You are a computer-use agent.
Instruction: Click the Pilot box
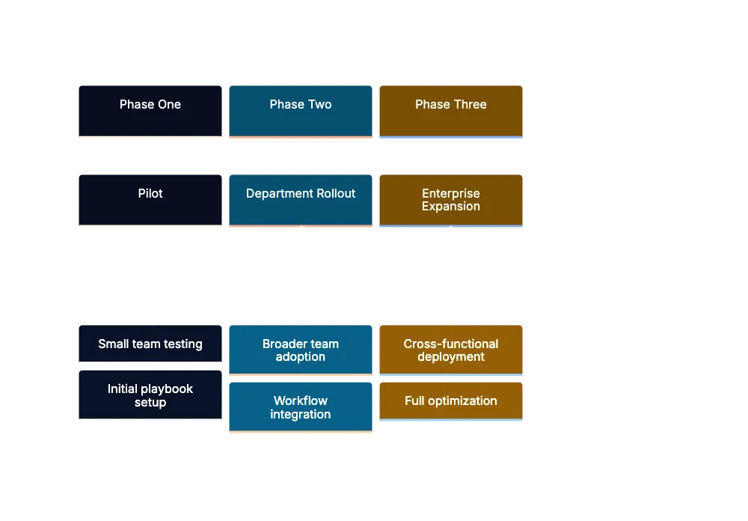tap(150, 198)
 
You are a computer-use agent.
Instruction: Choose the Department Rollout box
tap(301, 198)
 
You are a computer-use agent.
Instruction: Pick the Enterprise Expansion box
tap(451, 199)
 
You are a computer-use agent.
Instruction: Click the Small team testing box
tap(150, 344)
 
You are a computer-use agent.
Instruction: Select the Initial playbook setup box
tap(150, 395)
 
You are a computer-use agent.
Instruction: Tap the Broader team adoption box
tap(301, 350)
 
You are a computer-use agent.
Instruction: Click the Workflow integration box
tap(301, 407)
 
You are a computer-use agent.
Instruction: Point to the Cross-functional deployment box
tap(451, 350)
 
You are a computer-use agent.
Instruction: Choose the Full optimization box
tap(451, 400)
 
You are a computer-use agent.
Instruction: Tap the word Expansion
tap(451, 207)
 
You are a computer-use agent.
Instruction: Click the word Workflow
tap(301, 401)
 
